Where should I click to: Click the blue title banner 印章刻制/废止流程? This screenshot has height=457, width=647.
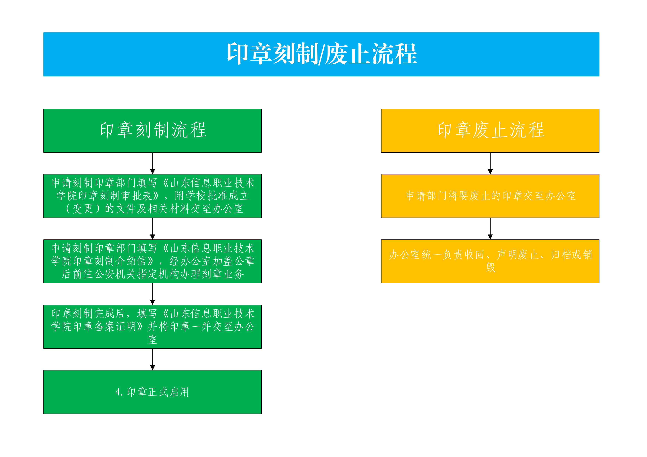click(321, 54)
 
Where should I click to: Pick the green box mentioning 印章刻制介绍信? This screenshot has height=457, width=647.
click(152, 261)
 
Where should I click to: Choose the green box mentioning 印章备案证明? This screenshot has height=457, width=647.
click(152, 327)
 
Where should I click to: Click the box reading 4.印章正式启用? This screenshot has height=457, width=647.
click(152, 392)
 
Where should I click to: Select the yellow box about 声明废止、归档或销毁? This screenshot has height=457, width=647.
click(490, 261)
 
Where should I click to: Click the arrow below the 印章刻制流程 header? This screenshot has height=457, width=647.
click(152, 163)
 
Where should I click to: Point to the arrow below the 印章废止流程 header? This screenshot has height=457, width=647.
click(490, 163)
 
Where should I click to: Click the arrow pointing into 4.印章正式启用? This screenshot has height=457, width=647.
click(152, 360)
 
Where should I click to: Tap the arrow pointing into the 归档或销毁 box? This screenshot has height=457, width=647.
click(490, 229)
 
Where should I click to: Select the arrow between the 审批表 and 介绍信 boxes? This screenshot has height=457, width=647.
click(152, 229)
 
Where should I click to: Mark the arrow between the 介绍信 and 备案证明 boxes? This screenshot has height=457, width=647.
click(152, 294)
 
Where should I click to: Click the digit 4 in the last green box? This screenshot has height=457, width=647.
click(118, 392)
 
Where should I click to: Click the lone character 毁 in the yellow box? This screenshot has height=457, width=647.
click(491, 267)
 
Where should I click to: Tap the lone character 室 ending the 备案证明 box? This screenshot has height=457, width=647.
click(152, 339)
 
